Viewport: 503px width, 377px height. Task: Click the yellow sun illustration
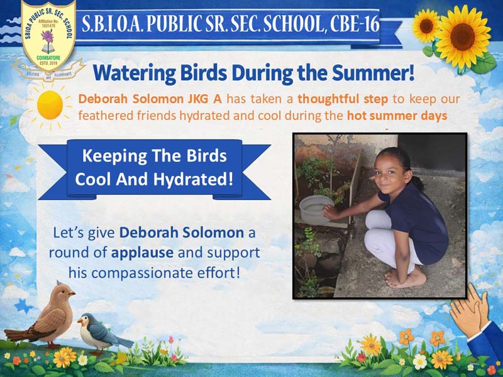coord(50,105)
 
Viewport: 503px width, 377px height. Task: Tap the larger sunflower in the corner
coord(462,36)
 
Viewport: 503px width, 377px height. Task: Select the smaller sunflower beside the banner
coord(426,26)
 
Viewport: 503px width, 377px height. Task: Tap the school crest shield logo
coord(48,35)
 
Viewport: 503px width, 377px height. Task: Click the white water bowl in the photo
coord(316,210)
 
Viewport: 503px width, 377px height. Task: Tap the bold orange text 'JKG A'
coord(204,99)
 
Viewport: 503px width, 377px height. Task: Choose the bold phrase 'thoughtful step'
coord(343,100)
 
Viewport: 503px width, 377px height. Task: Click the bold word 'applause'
coord(143,253)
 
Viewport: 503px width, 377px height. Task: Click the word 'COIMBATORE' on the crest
coord(48,58)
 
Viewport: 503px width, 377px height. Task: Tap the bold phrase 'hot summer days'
coord(397,116)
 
